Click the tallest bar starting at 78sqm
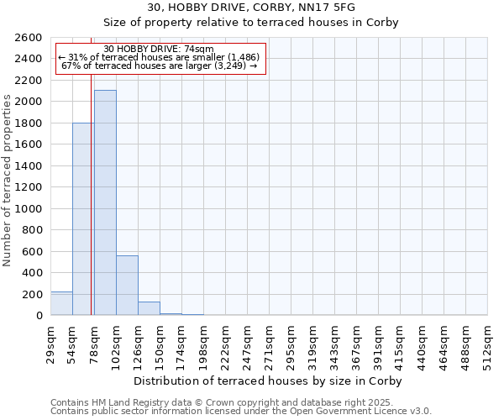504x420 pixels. click(x=105, y=202)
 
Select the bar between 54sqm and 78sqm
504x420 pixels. click(x=83, y=219)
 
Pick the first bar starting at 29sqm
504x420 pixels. click(x=61, y=303)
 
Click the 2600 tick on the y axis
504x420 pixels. click(x=29, y=38)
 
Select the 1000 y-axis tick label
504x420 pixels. click(x=29, y=209)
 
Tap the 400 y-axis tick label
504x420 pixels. click(x=33, y=273)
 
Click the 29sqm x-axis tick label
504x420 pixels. click(x=50, y=343)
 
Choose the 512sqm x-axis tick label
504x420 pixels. click(x=487, y=343)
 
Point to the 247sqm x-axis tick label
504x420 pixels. click(x=247, y=343)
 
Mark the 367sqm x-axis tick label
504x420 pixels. click(x=356, y=343)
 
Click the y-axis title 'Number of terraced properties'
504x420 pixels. click(x=8, y=181)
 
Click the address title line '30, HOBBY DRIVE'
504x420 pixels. click(x=252, y=7)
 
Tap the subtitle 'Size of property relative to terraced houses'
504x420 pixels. click(x=252, y=23)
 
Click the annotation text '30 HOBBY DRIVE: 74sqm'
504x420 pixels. click(x=160, y=49)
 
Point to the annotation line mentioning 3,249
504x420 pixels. click(x=160, y=66)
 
